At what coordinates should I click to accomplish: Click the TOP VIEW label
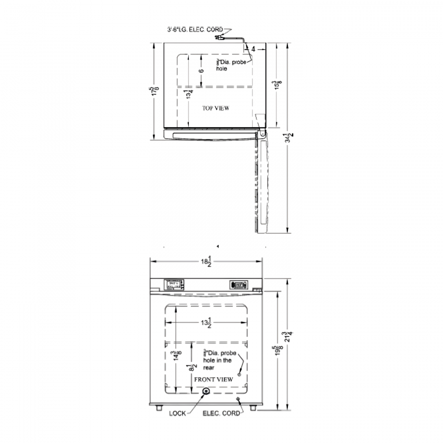point(216,108)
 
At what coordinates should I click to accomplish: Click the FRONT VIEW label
point(214,379)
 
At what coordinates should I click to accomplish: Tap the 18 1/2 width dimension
point(206,261)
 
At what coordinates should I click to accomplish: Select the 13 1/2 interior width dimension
point(206,323)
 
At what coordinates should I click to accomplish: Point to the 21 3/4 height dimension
point(287,338)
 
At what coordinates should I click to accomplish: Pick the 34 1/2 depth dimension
point(287,138)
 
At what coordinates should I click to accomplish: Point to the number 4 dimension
point(254,49)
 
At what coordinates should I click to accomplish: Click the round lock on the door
point(205,391)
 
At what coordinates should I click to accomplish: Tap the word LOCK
point(177,414)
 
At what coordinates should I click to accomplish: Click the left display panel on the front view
point(174,285)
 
